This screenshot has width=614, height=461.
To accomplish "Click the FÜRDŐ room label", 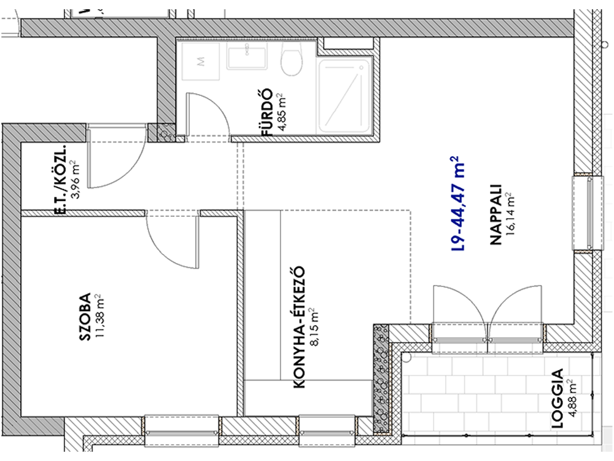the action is click(x=266, y=113).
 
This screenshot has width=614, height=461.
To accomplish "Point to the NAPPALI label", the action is click(x=495, y=215).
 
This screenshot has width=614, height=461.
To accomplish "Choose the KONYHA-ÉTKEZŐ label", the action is click(x=299, y=328).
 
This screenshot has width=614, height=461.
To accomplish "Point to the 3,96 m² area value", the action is click(x=75, y=179).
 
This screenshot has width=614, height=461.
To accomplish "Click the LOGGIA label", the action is click(x=556, y=398).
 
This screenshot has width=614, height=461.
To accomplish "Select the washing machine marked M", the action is click(x=201, y=61).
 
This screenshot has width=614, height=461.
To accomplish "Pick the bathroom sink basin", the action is click(x=247, y=55).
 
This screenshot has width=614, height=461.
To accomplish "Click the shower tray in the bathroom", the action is click(x=344, y=95).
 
